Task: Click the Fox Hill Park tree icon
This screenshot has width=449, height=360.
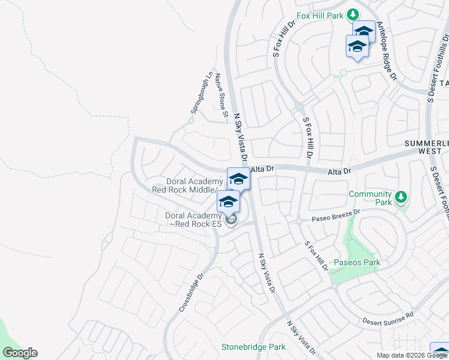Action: (x=354, y=14)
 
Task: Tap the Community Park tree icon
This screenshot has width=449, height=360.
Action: (x=402, y=196)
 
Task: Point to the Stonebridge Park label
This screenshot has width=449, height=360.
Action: (x=253, y=347)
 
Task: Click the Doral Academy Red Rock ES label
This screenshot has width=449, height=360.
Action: (x=193, y=220)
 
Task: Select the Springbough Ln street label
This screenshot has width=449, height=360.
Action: (x=202, y=94)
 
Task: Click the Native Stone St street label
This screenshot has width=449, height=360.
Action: (x=221, y=95)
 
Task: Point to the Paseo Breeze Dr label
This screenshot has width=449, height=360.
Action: (x=335, y=216)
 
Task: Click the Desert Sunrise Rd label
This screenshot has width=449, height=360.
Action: (x=389, y=318)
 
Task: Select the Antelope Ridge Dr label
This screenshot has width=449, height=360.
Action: (x=387, y=56)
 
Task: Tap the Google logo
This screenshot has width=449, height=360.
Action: (x=20, y=353)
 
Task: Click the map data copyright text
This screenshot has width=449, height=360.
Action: (x=412, y=355)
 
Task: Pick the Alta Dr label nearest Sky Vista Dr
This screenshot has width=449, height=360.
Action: (x=262, y=170)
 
